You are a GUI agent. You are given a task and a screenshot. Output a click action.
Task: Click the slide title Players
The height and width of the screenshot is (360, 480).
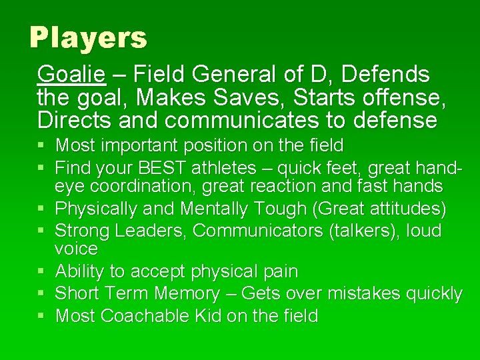tap(88, 38)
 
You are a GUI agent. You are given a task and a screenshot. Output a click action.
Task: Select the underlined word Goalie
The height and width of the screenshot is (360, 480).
tap(71, 74)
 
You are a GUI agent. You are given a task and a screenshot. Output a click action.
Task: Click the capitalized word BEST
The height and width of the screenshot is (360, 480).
tap(171, 166)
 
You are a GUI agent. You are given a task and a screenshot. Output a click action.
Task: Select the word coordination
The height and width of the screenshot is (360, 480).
tap(145, 186)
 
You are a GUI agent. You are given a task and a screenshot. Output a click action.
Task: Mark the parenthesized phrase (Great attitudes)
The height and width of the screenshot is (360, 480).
tap(379, 209)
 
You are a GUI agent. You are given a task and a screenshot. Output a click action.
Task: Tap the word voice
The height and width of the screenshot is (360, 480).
tap(76, 249)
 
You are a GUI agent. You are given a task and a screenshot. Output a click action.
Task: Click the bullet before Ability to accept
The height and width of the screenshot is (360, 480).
tap(42, 272)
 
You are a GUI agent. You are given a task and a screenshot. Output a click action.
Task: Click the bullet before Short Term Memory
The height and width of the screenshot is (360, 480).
tap(42, 294)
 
